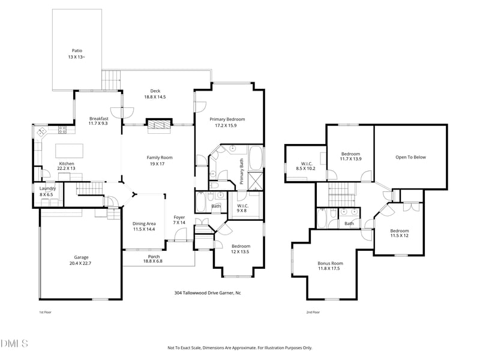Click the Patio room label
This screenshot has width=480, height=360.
[x=77, y=50]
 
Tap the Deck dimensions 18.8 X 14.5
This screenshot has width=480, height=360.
[x=155, y=97]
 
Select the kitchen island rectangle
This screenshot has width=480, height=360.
[x=69, y=151]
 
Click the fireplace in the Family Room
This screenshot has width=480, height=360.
[x=159, y=126]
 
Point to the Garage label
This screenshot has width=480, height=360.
[x=81, y=257]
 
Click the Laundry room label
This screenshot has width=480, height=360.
[x=47, y=188]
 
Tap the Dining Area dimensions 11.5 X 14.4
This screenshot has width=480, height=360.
[x=144, y=229]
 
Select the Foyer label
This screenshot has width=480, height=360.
[x=179, y=217]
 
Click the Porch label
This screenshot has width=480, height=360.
[x=154, y=257]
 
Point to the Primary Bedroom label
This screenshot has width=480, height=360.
[x=227, y=119]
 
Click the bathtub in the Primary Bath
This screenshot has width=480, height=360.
[x=256, y=158]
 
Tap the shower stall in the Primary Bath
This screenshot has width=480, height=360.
[x=256, y=182]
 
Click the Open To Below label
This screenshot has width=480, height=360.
[x=410, y=157]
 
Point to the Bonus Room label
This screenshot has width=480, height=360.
[x=330, y=263]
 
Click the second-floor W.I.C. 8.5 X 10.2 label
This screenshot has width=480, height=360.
[x=306, y=166]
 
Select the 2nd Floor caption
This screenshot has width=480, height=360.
[x=313, y=312]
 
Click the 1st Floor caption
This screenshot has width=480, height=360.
[x=45, y=312]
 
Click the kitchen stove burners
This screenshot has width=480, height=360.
[x=62, y=130]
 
